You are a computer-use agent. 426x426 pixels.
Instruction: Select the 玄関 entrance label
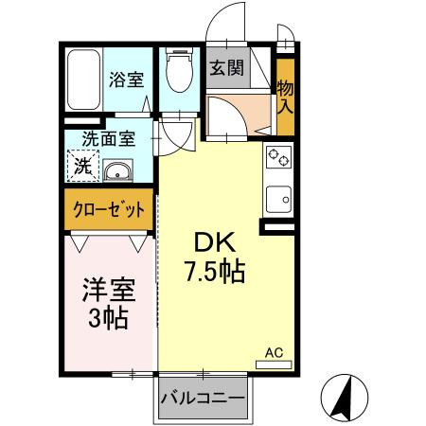point(225,68)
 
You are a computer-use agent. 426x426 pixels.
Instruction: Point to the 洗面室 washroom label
point(107,138)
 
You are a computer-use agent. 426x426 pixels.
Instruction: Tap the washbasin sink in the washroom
point(117,171)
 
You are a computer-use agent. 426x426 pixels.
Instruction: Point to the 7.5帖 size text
point(215,273)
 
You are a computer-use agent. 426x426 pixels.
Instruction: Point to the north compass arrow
point(345,397)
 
